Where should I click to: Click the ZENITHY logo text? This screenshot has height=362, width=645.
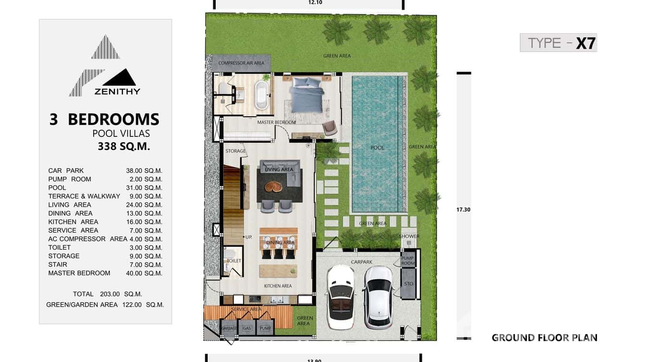point(117,91)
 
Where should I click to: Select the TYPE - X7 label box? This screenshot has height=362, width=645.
point(558,43)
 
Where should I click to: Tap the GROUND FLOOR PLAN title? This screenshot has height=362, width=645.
point(544,338)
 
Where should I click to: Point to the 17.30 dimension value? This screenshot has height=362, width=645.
point(463,209)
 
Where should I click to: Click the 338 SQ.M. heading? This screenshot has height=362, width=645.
point(124,147)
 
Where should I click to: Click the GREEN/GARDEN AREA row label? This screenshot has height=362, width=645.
point(82,305)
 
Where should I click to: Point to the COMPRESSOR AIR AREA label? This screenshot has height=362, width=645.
point(241,63)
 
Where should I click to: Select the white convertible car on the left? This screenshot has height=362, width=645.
point(341,297)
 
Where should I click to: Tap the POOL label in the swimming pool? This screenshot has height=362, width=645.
point(377,148)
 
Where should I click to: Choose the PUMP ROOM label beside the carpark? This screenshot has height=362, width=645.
point(408,261)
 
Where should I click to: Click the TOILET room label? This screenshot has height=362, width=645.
point(234,261)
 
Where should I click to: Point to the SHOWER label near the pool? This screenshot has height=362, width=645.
point(409,236)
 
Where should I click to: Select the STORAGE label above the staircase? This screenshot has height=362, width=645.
point(236,151)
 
